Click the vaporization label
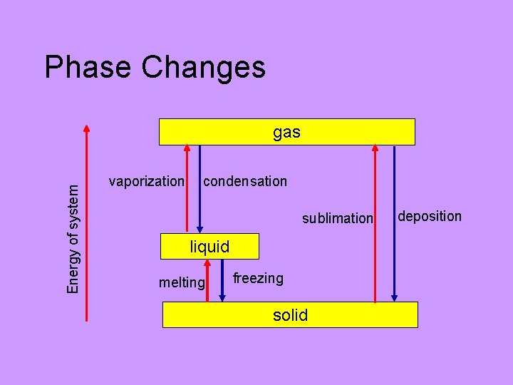pyautogui.click(x=146, y=181)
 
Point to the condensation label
pyautogui.click(x=245, y=181)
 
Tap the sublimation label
pyautogui.click(x=337, y=218)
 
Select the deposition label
pyautogui.click(x=430, y=216)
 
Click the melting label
pyautogui.click(x=182, y=282)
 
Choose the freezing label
pyautogui.click(x=258, y=278)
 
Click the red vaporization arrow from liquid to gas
pyautogui.click(x=187, y=189)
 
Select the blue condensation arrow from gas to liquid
pyautogui.click(x=200, y=189)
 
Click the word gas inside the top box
pyautogui.click(x=286, y=132)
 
